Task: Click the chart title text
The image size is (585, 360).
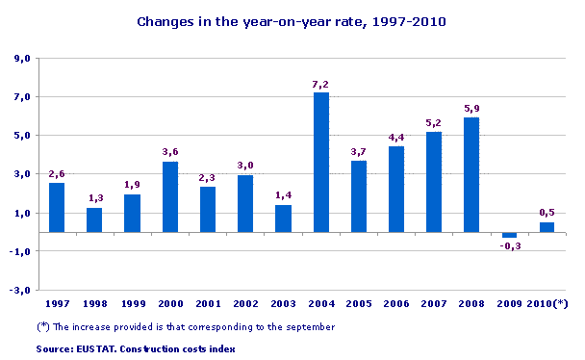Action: click(292, 20)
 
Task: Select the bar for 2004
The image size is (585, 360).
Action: click(321, 162)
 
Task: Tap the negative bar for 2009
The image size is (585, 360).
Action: click(509, 235)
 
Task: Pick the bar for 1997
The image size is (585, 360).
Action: click(57, 207)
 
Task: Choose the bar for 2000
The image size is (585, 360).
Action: click(170, 196)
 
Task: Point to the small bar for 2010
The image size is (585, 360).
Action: click(547, 227)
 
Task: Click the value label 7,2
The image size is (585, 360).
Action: click(321, 85)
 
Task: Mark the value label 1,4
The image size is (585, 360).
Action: click(284, 196)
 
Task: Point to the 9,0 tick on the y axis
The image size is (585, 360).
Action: click(22, 59)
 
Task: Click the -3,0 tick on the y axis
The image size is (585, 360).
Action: click(20, 290)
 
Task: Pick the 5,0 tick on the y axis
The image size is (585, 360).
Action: click(22, 136)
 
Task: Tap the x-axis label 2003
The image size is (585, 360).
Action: click(284, 304)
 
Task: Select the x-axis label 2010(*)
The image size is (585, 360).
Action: click(548, 304)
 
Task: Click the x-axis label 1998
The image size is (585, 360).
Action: click(94, 304)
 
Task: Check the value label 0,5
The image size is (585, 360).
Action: click(547, 213)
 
